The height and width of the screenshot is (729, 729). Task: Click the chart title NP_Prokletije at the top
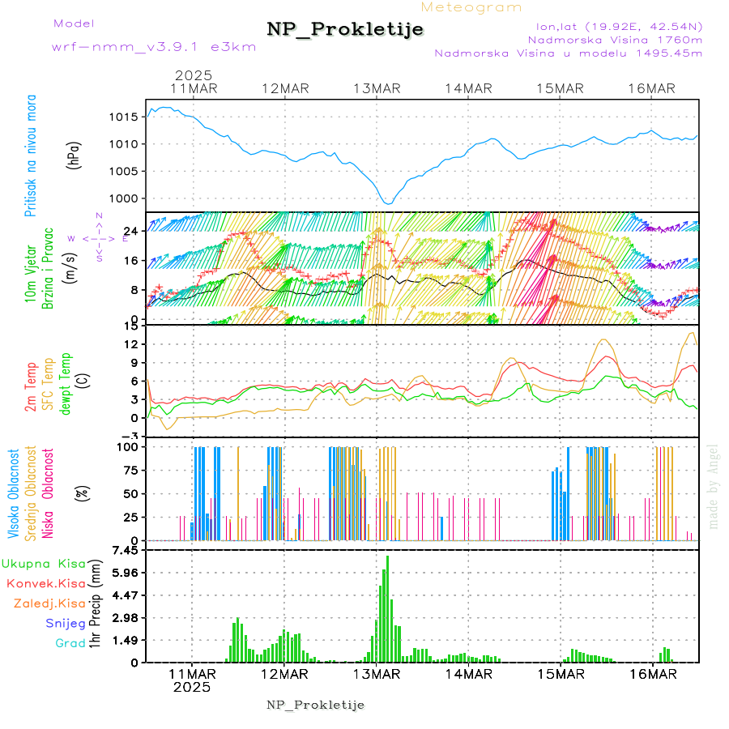pyautogui.click(x=345, y=30)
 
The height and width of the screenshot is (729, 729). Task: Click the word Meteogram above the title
pyautogui.click(x=471, y=7)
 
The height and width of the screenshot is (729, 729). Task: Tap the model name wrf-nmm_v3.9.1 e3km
pyautogui.click(x=154, y=46)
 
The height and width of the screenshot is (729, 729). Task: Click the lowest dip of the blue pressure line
pyautogui.click(x=388, y=203)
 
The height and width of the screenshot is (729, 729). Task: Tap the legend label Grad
pyautogui.click(x=70, y=643)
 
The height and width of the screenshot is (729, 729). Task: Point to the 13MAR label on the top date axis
pyautogui.click(x=377, y=88)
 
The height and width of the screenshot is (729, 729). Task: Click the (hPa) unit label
pyautogui.click(x=75, y=155)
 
